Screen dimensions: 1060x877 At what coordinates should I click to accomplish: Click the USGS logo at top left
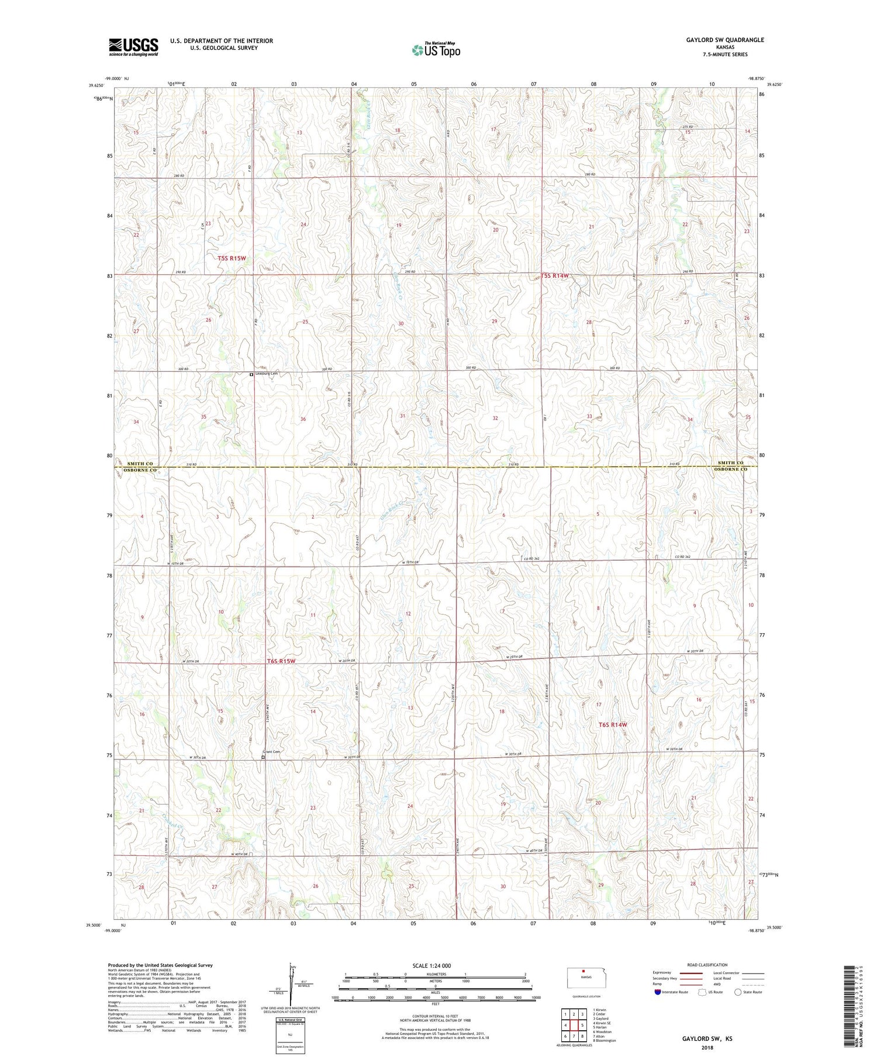pos(133,46)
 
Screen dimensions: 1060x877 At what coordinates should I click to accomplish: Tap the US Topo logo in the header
pos(436,50)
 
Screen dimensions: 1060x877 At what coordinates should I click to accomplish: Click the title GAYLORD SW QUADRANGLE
pos(717,40)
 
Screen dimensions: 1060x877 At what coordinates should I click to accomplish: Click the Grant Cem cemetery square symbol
pos(263,757)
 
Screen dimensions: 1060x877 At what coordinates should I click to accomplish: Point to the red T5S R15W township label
pos(232,258)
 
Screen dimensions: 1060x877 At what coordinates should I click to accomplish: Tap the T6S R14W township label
pos(613,724)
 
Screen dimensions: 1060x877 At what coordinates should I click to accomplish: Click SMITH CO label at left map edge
pos(140,463)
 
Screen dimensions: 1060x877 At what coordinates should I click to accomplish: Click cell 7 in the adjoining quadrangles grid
pos(574,1037)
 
